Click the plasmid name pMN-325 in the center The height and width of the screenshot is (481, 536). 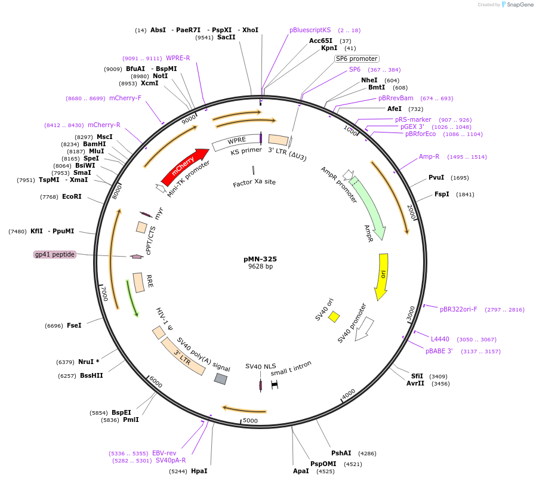[260, 259]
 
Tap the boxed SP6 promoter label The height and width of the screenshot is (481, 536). [356, 58]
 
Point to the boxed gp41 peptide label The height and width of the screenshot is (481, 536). [55, 254]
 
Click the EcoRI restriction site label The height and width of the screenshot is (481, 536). [72, 196]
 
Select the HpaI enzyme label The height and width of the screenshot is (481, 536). [199, 471]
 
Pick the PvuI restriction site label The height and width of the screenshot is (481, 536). [436, 177]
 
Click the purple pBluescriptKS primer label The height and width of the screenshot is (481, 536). [310, 30]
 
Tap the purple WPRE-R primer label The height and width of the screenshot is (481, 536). [178, 58]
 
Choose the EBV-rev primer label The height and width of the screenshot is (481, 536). [164, 453]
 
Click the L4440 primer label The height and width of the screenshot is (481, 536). [440, 339]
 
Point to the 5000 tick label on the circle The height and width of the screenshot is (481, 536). [250, 421]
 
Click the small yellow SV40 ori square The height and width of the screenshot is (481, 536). [334, 316]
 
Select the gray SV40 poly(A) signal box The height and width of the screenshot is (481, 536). [221, 379]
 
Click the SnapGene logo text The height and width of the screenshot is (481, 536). [517, 4]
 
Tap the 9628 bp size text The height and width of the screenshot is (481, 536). [260, 266]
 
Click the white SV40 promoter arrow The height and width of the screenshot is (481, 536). [364, 329]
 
